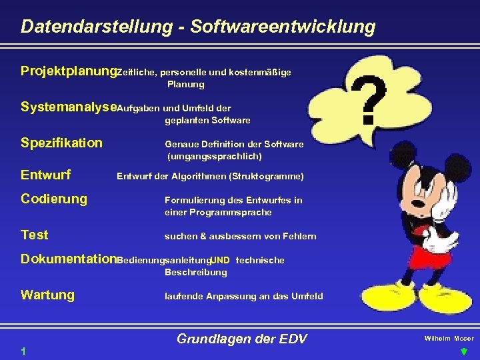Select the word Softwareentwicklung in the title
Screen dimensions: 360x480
tap(283, 27)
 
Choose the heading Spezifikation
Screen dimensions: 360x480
tap(61, 143)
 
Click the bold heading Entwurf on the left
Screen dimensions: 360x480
tap(46, 175)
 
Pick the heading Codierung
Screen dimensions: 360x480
tap(54, 199)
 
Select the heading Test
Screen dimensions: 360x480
tap(35, 235)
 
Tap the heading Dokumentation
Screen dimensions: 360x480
tap(69, 259)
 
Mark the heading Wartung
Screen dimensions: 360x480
tap(47, 295)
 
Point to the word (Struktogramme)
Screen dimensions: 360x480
tap(266, 177)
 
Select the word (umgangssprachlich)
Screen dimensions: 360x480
tap(214, 157)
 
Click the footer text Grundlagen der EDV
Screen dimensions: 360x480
tap(241, 339)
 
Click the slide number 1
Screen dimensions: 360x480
tap(23, 352)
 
